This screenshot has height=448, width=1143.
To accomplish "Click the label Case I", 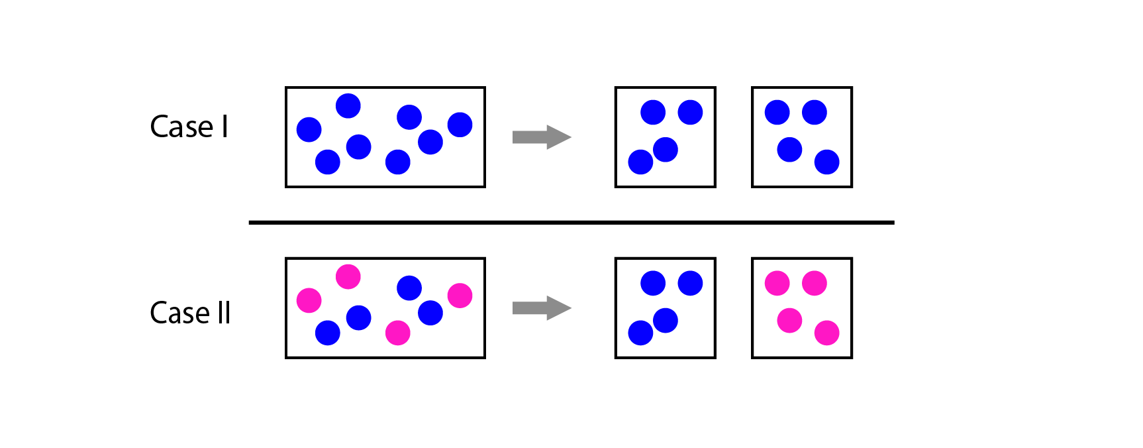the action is [x=189, y=127].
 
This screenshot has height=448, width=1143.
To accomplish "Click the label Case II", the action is [x=190, y=313].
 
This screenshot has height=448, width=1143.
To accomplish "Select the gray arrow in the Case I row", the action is [x=542, y=137].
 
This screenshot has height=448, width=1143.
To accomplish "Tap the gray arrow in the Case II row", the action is [x=542, y=308].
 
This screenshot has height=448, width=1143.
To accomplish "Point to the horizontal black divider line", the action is [x=571, y=223].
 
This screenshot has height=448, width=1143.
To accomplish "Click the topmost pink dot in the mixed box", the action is [x=348, y=276].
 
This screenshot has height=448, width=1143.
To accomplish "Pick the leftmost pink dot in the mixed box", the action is [x=309, y=300].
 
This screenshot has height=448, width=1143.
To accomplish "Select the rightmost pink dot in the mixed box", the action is [x=460, y=296].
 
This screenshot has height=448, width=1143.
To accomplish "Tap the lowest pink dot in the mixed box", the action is [x=397, y=333].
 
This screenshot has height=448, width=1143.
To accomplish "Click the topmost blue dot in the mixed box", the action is [x=409, y=288].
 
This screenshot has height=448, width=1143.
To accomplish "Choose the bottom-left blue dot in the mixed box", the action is [x=327, y=333].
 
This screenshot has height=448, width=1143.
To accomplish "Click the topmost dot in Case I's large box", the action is [x=348, y=105].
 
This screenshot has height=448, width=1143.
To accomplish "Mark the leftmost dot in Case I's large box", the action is [x=309, y=129].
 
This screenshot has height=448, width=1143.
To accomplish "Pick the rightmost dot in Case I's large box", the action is [x=460, y=125].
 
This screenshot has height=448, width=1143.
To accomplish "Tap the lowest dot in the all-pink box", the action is [x=826, y=333].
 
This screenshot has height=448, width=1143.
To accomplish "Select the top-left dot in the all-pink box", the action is [x=777, y=283].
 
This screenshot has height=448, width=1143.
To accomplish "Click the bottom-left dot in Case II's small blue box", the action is [x=640, y=333].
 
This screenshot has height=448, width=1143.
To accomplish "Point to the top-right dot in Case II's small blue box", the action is [x=690, y=283].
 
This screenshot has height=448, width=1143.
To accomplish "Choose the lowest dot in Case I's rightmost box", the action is [x=826, y=162].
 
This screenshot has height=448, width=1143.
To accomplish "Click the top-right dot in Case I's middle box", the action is [x=690, y=112].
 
